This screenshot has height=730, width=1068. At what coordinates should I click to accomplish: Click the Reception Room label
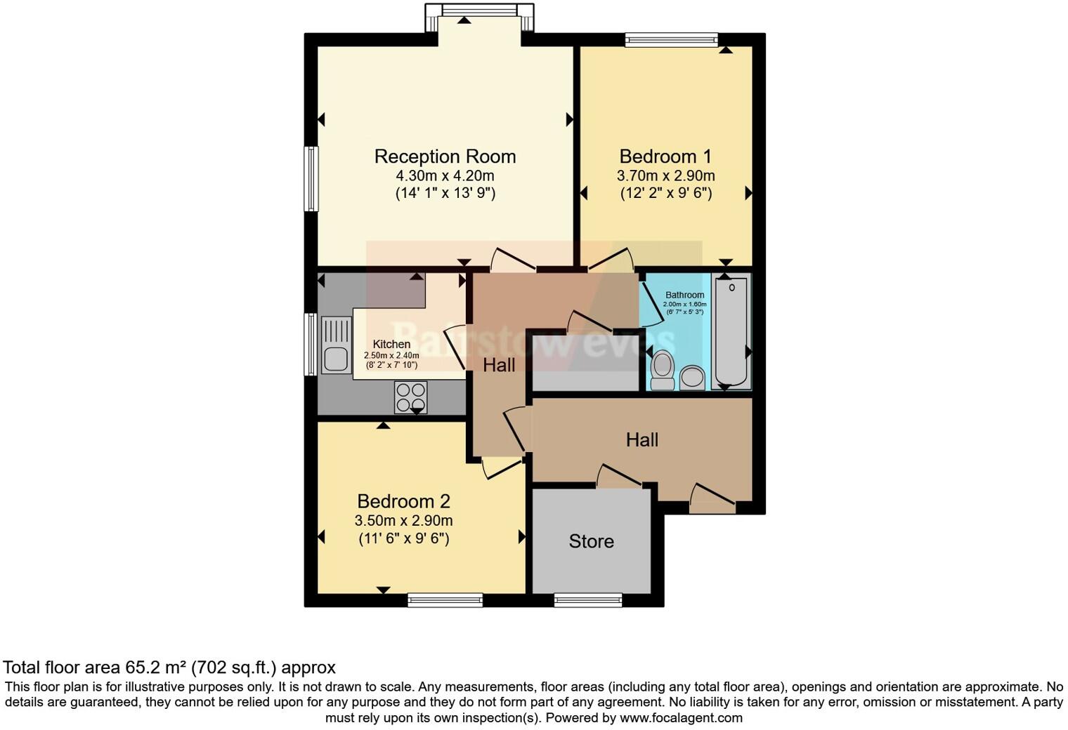pyautogui.click(x=445, y=157)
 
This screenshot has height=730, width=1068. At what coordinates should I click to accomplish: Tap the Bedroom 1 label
pyautogui.click(x=665, y=157)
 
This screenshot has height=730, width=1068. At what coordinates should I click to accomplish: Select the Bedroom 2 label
pyautogui.click(x=403, y=501)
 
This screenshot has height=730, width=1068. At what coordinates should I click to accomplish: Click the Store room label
pyautogui.click(x=591, y=541)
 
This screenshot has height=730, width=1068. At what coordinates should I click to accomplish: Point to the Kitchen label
pyautogui.click(x=391, y=344)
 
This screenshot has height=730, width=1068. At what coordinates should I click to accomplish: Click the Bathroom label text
pyautogui.click(x=684, y=295)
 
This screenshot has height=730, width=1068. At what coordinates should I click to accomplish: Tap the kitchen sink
pyautogui.click(x=336, y=345)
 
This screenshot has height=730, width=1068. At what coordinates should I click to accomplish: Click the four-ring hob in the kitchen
pyautogui.click(x=410, y=397)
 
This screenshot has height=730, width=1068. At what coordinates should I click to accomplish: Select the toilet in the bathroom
pyautogui.click(x=662, y=370)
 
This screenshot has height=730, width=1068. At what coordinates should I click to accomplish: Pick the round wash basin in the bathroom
pyautogui.click(x=692, y=377)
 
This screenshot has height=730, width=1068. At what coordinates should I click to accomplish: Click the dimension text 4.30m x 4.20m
pyautogui.click(x=445, y=175)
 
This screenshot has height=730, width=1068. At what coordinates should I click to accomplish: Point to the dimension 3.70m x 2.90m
pyautogui.click(x=665, y=175)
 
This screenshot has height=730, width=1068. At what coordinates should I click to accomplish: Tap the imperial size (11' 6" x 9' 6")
pyautogui.click(x=403, y=538)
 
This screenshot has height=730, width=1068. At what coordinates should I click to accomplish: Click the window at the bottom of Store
pyautogui.click(x=588, y=600)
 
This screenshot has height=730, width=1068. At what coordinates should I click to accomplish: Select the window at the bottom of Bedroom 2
pyautogui.click(x=445, y=600)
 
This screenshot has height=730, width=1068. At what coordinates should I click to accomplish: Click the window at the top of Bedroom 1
pyautogui.click(x=672, y=39)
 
